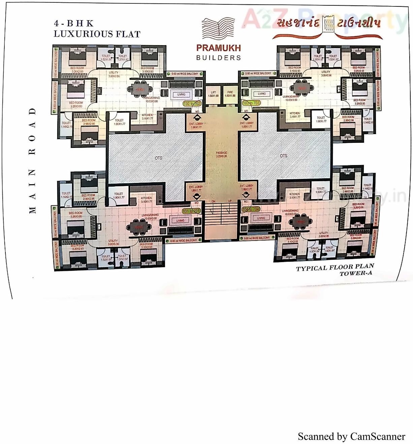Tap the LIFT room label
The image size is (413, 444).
click(213, 94)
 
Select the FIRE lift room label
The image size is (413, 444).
click(230, 94)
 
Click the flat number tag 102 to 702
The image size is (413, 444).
click(192, 104)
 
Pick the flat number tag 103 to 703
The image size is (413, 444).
click(251, 103)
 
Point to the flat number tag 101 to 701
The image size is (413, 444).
click(191, 211)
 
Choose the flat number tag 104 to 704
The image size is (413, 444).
click(251, 210)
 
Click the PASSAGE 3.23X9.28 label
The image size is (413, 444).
click(221, 155)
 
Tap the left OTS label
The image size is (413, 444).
click(158, 158)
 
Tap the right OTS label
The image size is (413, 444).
click(284, 156)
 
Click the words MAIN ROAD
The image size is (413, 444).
click(32, 161)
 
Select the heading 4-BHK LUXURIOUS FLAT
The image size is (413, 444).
click(97, 29)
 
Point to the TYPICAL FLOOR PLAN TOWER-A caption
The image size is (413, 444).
click(335, 270)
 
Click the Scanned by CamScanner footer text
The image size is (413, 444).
click(351, 437)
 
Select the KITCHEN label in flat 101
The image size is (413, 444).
click(147, 200)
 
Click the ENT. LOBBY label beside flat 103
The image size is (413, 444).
click(247, 125)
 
